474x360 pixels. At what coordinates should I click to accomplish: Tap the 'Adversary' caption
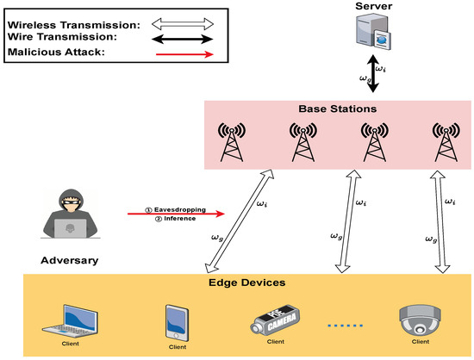coord(68,258)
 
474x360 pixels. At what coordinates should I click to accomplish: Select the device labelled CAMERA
coord(281,321)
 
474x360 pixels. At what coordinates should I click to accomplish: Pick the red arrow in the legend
coord(178,54)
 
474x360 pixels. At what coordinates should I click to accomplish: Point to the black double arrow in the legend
coord(178,38)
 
